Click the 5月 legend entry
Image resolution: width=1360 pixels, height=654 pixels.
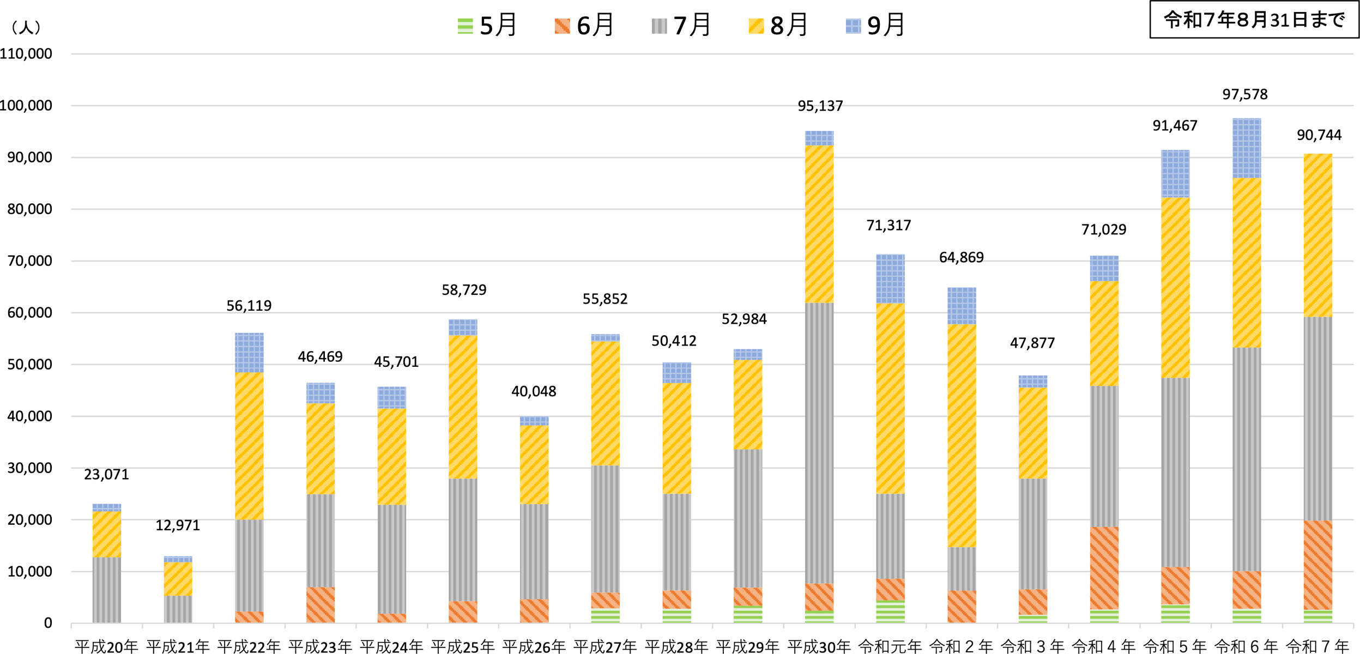tap(487, 26)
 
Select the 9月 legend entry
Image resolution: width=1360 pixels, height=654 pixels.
tap(875, 26)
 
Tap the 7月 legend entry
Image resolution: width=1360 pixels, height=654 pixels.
tap(681, 26)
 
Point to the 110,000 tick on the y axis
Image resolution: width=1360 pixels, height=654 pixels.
tap(26, 54)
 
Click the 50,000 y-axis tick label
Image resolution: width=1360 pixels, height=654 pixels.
tap(29, 365)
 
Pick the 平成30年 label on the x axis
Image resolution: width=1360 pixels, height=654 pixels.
tap(819, 647)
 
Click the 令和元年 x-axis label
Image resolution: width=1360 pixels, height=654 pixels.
tap(890, 647)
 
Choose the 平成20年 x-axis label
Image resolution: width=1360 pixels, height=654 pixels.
tap(106, 647)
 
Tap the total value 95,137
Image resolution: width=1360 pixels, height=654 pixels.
tap(820, 106)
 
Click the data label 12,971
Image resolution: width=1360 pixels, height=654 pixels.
tap(178, 525)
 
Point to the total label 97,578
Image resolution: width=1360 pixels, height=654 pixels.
tap(1245, 95)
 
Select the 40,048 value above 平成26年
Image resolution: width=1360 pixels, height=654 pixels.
tap(534, 391)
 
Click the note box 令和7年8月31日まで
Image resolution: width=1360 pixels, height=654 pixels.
tap(1254, 20)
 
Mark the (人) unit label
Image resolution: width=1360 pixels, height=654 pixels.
tap(26, 27)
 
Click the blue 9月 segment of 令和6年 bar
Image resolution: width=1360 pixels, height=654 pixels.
tap(1247, 148)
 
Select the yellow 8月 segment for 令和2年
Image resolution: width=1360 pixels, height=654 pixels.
tap(962, 436)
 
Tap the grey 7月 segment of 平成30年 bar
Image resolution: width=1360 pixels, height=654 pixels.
tap(819, 443)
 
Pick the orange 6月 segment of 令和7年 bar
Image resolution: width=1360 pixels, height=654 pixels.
tap(1318, 565)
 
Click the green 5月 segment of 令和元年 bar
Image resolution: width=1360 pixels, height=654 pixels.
tap(890, 611)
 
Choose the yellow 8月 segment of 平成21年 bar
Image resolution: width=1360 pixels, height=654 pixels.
tap(178, 579)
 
